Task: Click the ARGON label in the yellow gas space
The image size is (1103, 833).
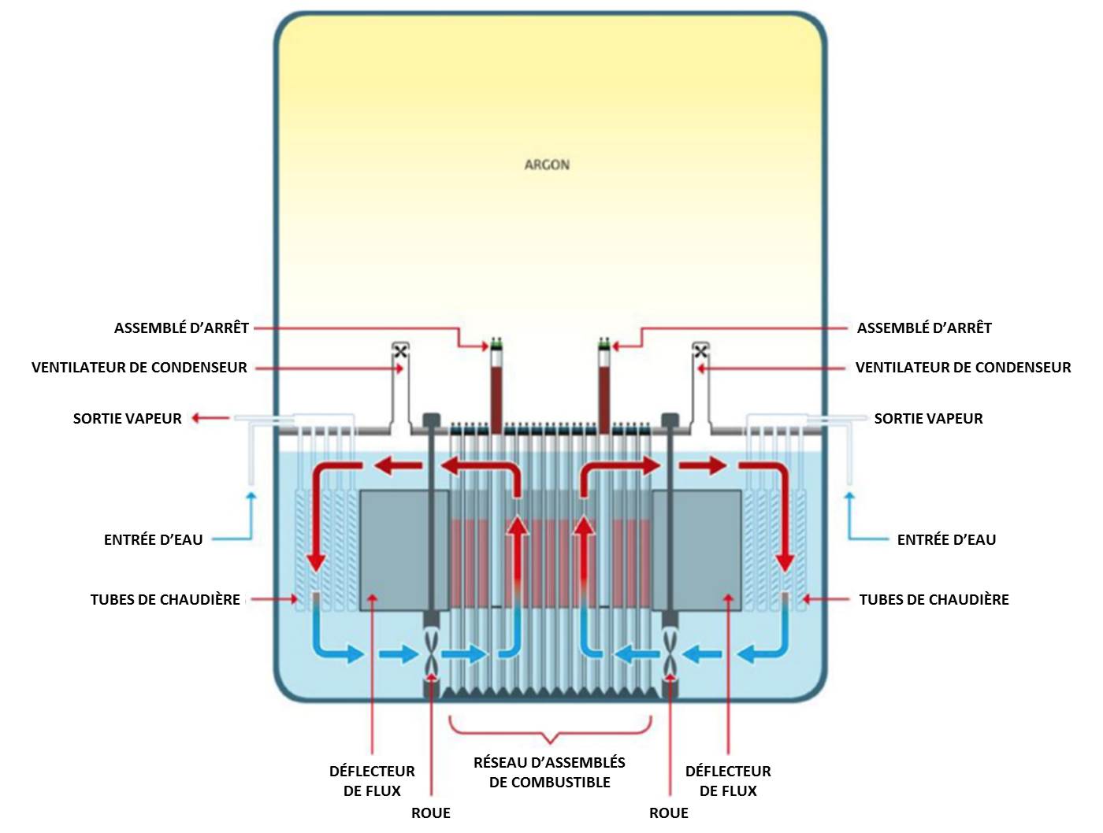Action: [547, 165]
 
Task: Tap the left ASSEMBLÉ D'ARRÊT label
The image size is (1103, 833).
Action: [181, 328]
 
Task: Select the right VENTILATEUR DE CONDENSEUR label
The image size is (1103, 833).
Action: [963, 367]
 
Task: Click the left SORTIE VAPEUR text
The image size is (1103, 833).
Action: [127, 418]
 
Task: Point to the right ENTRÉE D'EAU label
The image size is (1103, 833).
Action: [946, 539]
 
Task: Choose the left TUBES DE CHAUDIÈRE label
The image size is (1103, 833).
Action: [165, 599]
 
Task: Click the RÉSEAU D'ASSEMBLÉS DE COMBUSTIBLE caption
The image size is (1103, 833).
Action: [549, 772]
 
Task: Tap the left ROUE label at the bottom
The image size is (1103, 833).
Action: [430, 813]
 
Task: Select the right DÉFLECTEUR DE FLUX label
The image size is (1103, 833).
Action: [728, 780]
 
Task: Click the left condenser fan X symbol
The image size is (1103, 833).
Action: [400, 351]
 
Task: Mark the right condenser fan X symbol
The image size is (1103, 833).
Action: [700, 351]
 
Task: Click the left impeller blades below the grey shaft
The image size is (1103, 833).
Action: [432, 653]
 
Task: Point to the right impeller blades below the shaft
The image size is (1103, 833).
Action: [670, 653]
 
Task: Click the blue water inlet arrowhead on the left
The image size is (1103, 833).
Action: [251, 496]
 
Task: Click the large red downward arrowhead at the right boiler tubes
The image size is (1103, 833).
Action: [785, 561]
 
